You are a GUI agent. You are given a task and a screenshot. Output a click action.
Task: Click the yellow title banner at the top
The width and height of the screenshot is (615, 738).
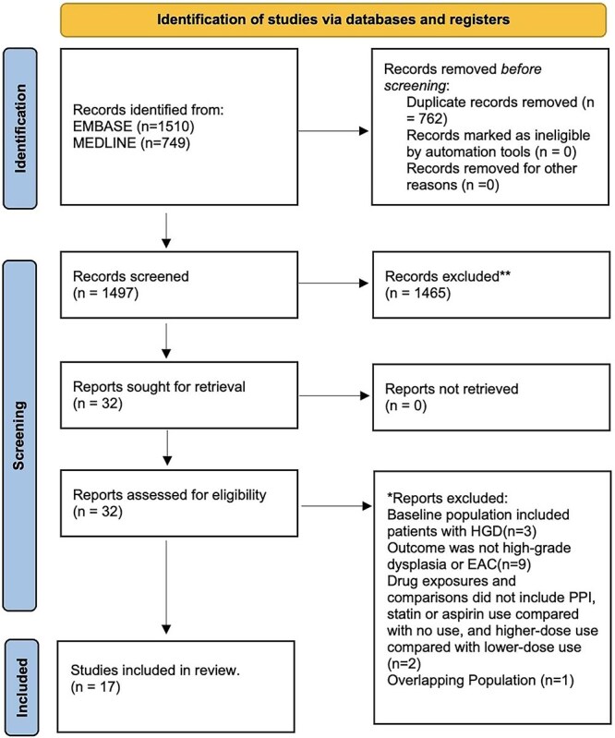click(333, 19)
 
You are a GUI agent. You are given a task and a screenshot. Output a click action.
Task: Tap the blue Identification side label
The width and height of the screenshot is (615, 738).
click(19, 128)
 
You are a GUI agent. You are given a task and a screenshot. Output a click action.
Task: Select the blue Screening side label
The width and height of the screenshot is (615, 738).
click(19, 435)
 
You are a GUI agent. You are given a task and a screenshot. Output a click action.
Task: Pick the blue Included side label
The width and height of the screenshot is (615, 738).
click(21, 687)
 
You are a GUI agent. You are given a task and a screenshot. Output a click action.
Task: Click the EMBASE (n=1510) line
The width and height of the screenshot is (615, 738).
click(134, 127)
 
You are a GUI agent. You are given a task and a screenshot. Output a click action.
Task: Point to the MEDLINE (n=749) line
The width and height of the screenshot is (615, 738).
click(131, 142)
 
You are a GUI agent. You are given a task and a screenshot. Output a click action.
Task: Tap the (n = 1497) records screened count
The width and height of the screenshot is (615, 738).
click(106, 293)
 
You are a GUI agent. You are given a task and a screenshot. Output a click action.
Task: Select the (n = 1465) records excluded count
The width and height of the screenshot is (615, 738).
click(417, 293)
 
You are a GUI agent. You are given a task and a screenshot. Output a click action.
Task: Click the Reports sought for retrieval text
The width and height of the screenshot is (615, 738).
click(159, 387)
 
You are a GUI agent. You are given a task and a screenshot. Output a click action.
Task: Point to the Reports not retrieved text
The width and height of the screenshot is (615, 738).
click(452, 389)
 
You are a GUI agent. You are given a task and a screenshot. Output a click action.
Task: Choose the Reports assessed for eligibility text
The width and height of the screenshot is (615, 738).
click(169, 495)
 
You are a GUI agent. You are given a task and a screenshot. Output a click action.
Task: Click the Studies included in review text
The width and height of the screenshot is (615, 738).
click(155, 671)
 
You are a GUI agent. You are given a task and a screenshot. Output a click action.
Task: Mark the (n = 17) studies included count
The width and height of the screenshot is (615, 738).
click(95, 687)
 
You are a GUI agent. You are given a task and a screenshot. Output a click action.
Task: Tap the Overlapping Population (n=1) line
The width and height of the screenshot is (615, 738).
click(480, 680)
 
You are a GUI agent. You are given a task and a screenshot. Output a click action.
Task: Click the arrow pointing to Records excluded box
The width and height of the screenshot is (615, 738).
click(333, 283)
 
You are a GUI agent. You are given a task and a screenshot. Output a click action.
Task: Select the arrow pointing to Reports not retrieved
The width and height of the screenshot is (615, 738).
click(334, 395)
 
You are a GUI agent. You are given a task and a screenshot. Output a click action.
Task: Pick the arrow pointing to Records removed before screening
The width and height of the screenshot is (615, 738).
click(333, 130)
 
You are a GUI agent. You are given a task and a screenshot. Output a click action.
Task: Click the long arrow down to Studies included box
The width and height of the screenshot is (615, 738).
click(166, 587)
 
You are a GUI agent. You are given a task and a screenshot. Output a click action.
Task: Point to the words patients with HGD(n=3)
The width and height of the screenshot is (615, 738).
click(462, 531)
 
